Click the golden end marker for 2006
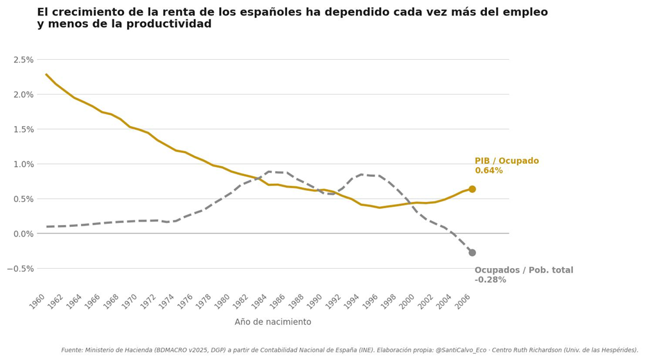coord(472,189)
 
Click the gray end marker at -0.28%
coord(472,253)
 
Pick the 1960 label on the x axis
coord(39,301)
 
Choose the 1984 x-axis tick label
coord(260,301)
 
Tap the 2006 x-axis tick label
coord(464,301)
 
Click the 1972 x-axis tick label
coord(149,301)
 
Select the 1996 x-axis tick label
coord(371,301)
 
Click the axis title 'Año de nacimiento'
coord(272,322)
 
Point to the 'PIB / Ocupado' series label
coord(507,161)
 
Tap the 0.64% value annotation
coord(488,171)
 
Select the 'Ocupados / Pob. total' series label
coord(524,271)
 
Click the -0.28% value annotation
coord(490,280)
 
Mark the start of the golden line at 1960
coord(46,74)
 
